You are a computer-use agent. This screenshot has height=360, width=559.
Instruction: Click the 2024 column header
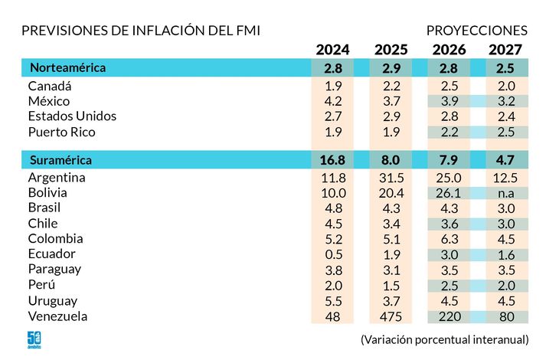click(x=332, y=50)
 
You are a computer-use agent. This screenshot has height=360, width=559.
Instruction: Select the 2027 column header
click(x=505, y=50)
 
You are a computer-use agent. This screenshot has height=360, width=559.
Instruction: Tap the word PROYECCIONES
click(x=476, y=31)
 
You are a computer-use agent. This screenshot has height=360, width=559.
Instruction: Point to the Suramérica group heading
click(x=60, y=160)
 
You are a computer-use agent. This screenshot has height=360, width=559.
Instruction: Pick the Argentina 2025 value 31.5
click(x=391, y=178)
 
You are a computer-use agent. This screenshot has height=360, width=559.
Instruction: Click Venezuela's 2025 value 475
click(x=391, y=316)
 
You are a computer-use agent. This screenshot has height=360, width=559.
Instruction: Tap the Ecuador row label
click(x=51, y=254)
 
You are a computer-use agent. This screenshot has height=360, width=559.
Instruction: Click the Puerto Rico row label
click(x=62, y=132)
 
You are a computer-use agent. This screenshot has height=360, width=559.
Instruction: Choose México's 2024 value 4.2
click(x=332, y=101)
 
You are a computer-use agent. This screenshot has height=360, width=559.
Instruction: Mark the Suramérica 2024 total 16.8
click(x=332, y=160)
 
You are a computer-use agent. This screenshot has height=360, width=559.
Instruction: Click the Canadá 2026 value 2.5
click(x=449, y=86)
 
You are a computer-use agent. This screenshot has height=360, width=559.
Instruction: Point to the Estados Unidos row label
click(x=72, y=116)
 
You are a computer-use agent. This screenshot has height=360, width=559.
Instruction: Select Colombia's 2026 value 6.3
click(x=449, y=239)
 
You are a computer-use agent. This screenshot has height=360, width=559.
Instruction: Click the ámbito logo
click(x=34, y=340)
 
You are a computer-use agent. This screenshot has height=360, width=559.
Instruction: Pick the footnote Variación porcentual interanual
click(x=444, y=339)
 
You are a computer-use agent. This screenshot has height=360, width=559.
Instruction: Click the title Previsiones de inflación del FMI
click(x=141, y=31)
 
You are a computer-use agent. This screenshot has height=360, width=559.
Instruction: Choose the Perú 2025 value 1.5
click(x=391, y=285)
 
